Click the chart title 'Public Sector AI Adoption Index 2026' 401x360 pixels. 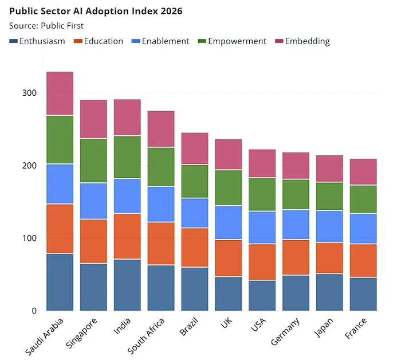[96, 11]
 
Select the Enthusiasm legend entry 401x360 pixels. [37, 41]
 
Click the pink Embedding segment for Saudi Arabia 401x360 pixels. [60, 93]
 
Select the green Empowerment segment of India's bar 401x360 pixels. [127, 157]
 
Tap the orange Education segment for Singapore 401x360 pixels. [93, 241]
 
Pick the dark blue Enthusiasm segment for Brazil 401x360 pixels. [195, 289]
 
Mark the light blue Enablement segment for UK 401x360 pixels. [229, 222]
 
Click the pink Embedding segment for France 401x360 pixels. [363, 172]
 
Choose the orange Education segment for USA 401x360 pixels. [262, 262]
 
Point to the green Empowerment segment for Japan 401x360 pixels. [329, 196]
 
